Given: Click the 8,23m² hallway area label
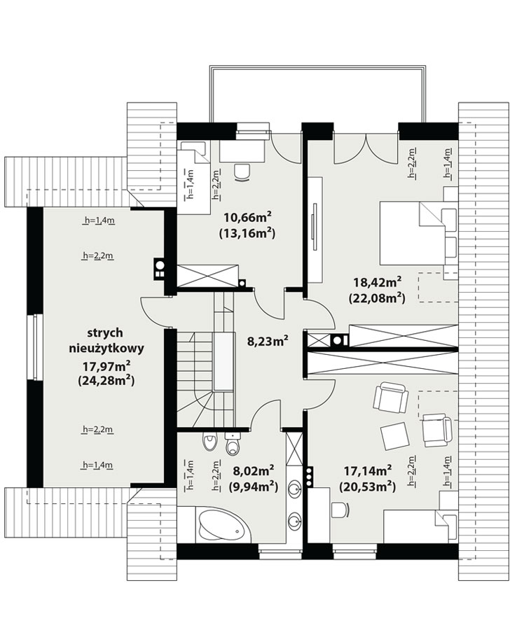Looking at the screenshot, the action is coord(268,342).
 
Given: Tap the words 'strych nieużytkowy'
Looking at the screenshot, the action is coord(106,341).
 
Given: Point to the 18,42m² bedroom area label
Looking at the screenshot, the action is coord(378,282).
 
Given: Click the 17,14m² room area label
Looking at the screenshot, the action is coord(368,470).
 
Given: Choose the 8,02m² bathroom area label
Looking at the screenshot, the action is coord(254,470).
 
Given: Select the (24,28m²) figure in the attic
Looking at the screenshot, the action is coord(106,380).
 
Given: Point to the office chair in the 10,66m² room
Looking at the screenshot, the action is coord(242,173).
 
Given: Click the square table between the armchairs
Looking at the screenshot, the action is coord(395,436).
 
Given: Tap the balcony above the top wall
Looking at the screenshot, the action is coord(317,94).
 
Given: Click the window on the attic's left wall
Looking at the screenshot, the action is coord(36,346).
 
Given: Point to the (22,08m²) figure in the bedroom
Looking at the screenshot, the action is coord(378,298).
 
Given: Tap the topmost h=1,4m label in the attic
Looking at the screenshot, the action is coord(98,220).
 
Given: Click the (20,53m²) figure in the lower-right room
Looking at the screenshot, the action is coord(368,487).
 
